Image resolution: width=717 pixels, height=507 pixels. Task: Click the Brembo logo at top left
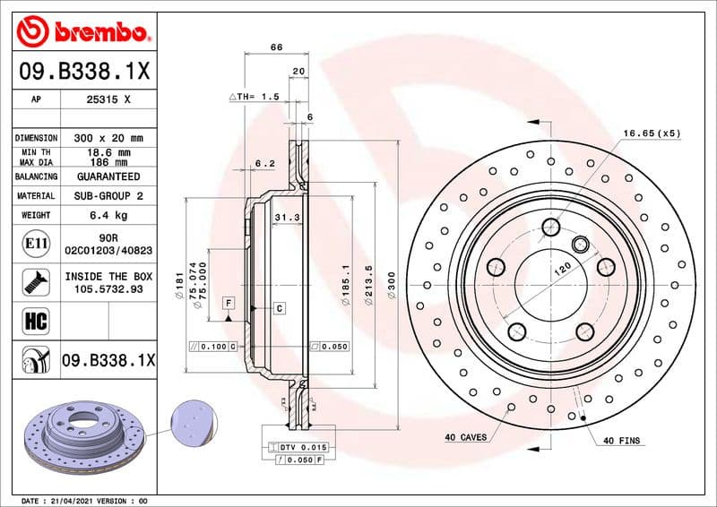(82, 32)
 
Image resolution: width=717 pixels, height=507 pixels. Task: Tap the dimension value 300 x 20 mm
(109, 138)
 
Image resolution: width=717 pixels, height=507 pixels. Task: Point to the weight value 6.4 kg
(109, 215)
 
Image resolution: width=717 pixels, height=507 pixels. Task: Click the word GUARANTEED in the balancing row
(109, 176)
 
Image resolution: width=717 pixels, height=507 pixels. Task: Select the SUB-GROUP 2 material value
(109, 195)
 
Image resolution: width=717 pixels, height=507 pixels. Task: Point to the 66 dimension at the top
(277, 47)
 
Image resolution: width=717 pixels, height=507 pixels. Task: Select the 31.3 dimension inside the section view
(285, 218)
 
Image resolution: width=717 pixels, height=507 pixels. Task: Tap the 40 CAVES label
(466, 438)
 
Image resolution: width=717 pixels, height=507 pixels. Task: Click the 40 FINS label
(620, 441)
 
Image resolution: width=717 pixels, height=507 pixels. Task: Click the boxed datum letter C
(280, 308)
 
